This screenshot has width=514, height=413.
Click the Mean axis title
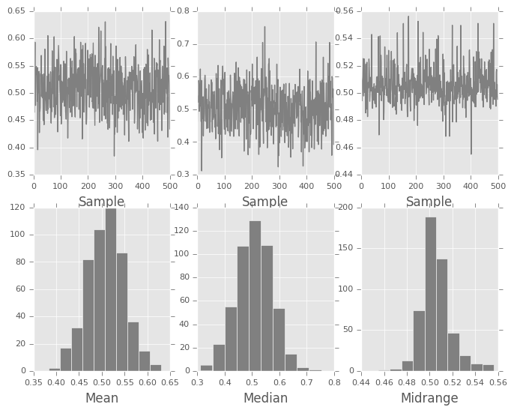tap(101, 398)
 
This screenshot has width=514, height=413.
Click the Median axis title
tap(265, 398)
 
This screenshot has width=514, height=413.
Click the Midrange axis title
tap(429, 398)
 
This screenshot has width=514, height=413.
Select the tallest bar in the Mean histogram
tap(111, 289)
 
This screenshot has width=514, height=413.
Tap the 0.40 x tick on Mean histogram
tap(56, 381)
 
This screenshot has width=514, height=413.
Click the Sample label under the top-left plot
tap(101, 202)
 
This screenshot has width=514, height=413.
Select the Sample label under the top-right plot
tap(429, 202)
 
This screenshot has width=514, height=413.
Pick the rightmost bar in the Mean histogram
tap(155, 367)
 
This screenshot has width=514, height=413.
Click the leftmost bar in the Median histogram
tap(206, 367)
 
